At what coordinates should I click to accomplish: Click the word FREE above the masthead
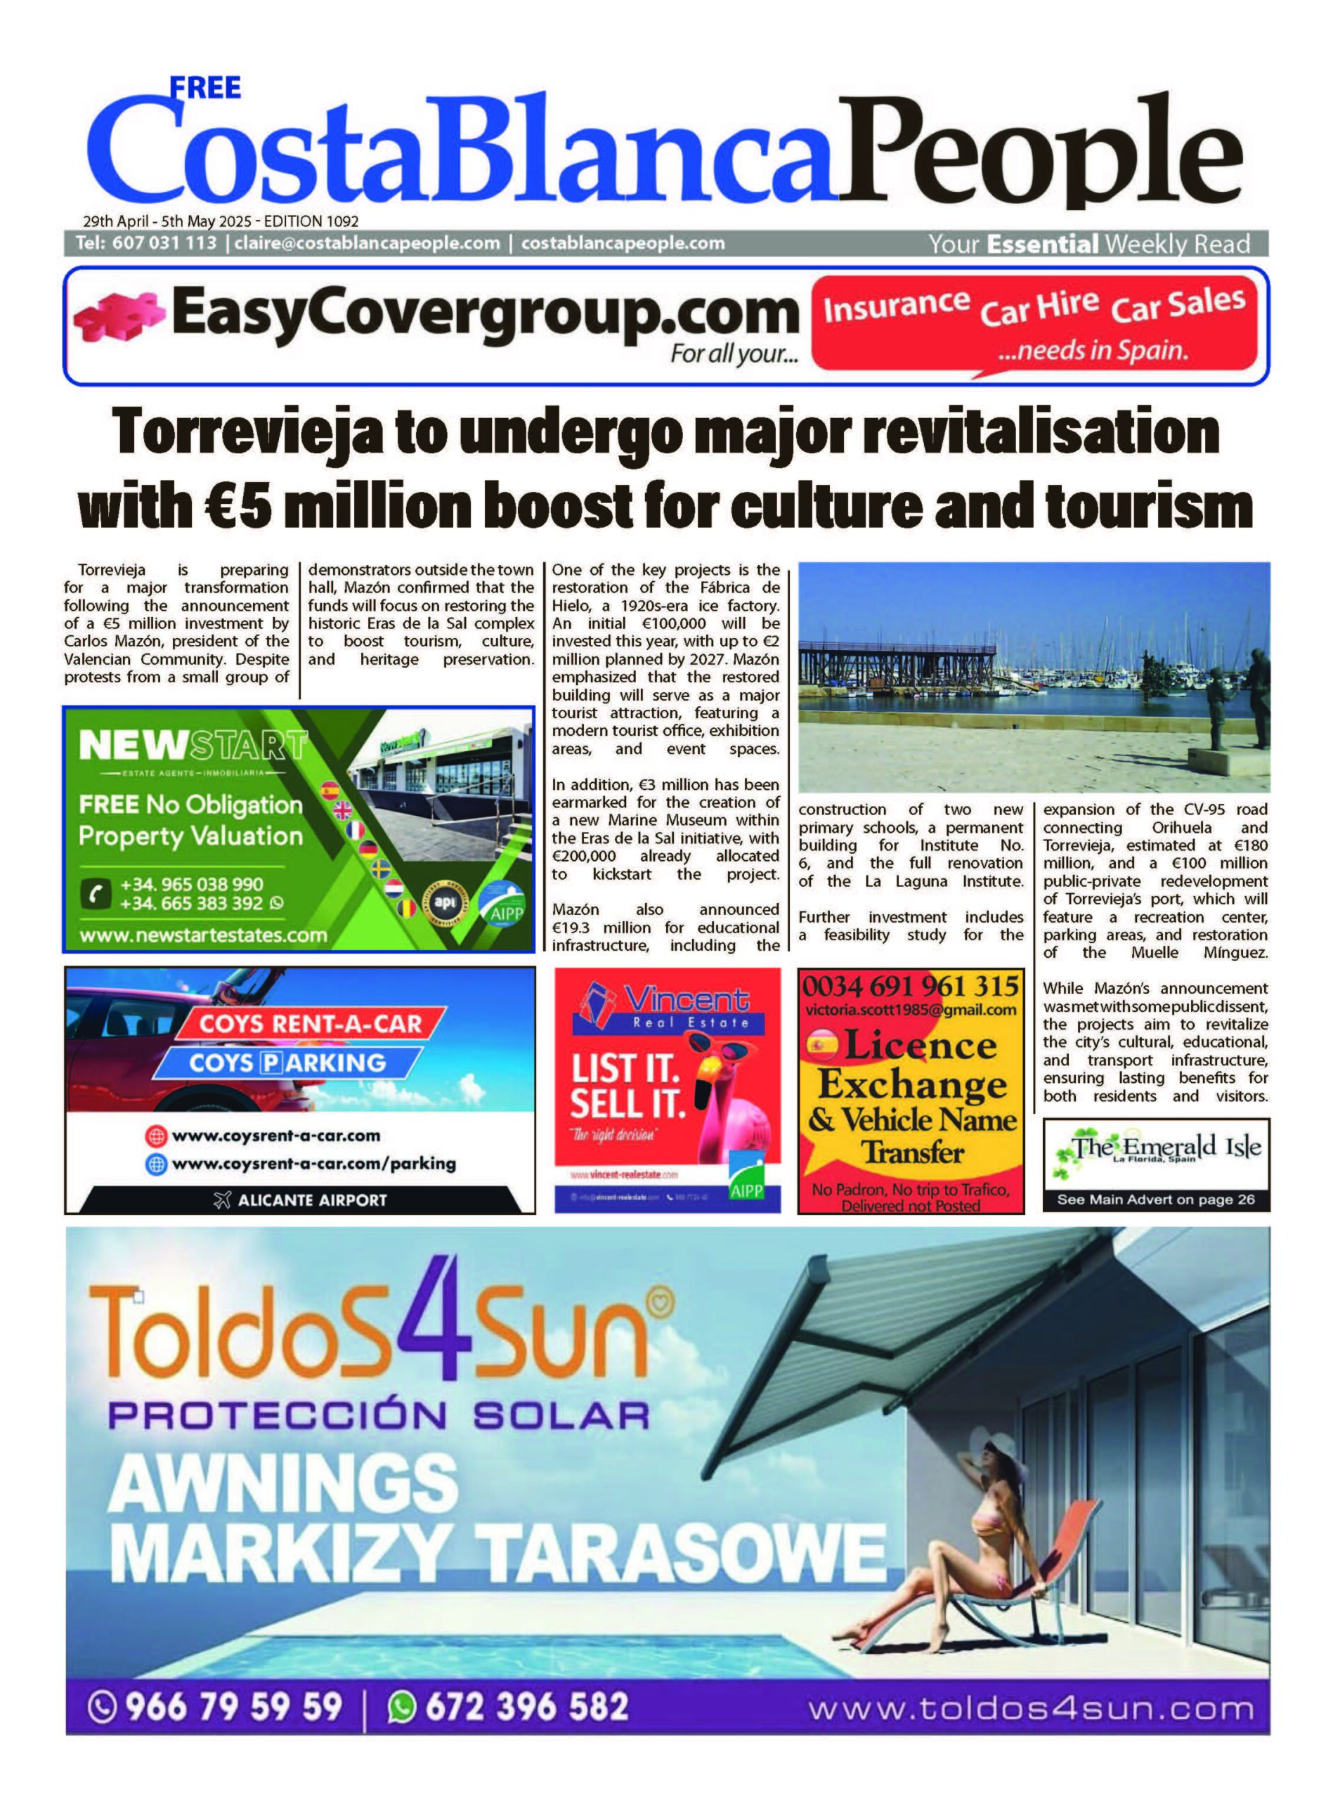(x=207, y=87)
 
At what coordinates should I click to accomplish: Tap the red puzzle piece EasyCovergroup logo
(x=117, y=318)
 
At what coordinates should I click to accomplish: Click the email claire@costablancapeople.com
(x=367, y=243)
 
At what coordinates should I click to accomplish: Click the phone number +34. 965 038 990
(x=192, y=884)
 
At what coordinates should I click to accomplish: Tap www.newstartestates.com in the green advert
(x=203, y=936)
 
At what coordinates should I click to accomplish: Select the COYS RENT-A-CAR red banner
(x=311, y=1025)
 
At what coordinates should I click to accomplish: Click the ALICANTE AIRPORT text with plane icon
(x=300, y=1200)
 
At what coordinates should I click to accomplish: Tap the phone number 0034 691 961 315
(x=910, y=987)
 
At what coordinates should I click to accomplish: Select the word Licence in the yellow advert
(x=920, y=1046)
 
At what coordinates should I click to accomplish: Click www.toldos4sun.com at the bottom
(x=1032, y=1708)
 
